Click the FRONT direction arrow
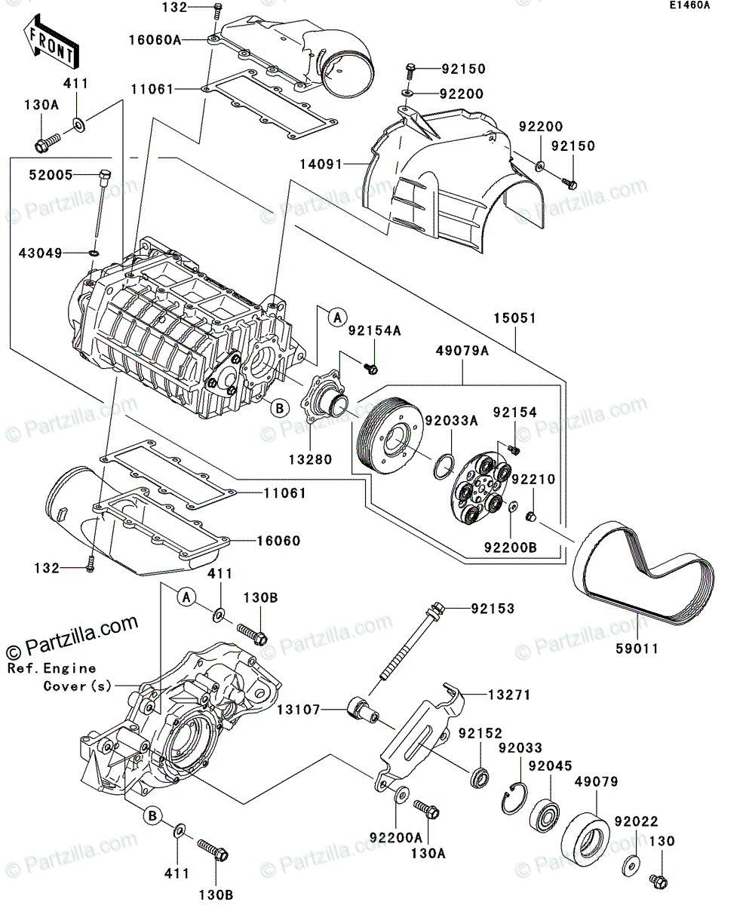[50, 45]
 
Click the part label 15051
[515, 319]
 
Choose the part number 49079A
[461, 351]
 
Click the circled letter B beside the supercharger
[278, 408]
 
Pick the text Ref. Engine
[52, 668]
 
